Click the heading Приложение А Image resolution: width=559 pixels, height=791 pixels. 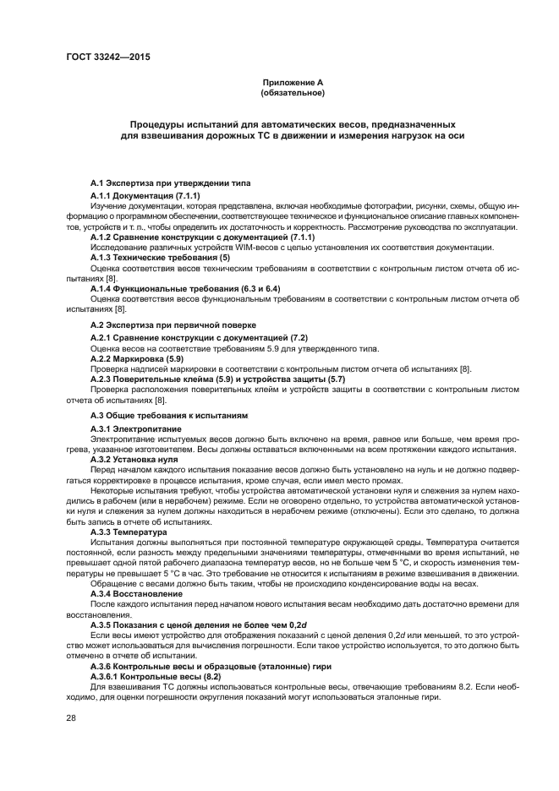pos(293,82)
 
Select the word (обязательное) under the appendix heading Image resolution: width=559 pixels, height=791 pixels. pos(293,92)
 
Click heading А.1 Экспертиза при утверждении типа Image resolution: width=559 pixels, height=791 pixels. pos(170,183)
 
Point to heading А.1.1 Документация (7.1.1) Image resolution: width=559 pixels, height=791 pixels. pos(140,195)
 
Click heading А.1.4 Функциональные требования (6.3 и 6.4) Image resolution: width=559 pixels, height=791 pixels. pos(184,289)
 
